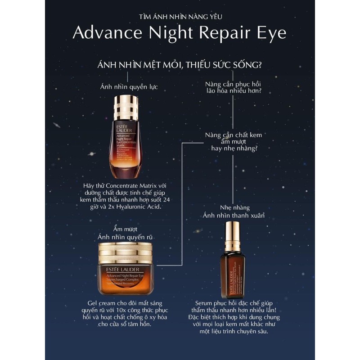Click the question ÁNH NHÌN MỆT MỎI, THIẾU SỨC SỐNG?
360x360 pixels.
[180, 65]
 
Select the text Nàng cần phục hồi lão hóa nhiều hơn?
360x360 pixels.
[233, 87]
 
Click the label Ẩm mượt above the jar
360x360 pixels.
[127, 229]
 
